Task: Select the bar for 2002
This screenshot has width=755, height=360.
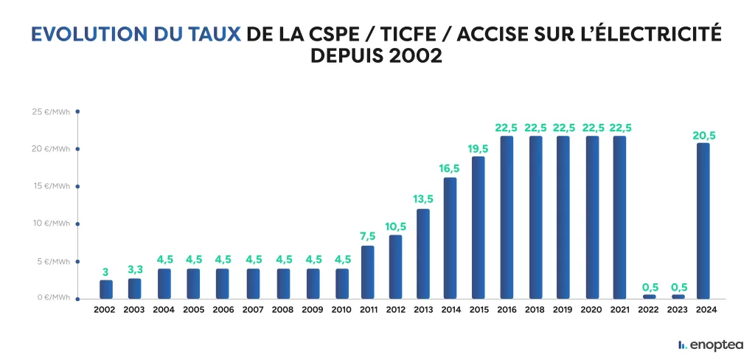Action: pyautogui.click(x=106, y=289)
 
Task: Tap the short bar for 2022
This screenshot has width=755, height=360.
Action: pyautogui.click(x=649, y=297)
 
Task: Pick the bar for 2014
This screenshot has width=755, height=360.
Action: pyautogui.click(x=450, y=238)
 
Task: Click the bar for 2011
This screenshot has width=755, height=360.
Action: pyautogui.click(x=367, y=271)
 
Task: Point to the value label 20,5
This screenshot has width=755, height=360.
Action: pyautogui.click(x=703, y=135)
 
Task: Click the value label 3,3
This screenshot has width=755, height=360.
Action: pyautogui.click(x=135, y=271)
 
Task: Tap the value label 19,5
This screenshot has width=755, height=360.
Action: pyautogui.click(x=478, y=148)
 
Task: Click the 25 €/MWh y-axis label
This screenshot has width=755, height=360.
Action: pyautogui.click(x=51, y=111)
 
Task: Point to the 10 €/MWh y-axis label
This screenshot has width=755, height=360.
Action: pyautogui.click(x=51, y=224)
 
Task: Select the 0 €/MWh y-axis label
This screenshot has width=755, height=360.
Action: pyautogui.click(x=53, y=298)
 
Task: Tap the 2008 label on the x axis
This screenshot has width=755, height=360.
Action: pyautogui.click(x=283, y=310)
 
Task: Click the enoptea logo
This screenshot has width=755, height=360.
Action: pyautogui.click(x=710, y=345)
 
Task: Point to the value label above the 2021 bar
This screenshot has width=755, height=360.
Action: pyautogui.click(x=620, y=128)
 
